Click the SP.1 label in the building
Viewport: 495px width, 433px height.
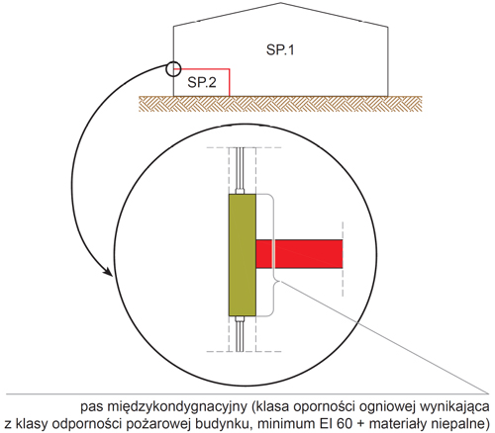pyautogui.click(x=280, y=49)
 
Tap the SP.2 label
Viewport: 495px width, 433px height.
pyautogui.click(x=202, y=82)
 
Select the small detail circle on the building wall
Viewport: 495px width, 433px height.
pyautogui.click(x=173, y=69)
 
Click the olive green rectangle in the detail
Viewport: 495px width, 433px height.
pyautogui.click(x=243, y=255)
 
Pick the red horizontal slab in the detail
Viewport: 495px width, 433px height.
pyautogui.click(x=299, y=254)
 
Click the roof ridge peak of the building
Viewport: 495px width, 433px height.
pyautogui.click(x=281, y=3)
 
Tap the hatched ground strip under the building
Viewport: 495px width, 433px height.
pyautogui.click(x=280, y=104)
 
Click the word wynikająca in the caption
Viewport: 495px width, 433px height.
pyautogui.click(x=454, y=407)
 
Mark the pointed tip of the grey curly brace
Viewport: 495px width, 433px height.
pyautogui.click(x=279, y=281)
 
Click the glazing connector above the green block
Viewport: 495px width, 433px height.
pyautogui.click(x=240, y=191)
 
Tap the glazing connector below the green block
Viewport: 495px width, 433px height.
pyautogui.click(x=240, y=319)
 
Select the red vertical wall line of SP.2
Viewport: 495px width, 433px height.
pyautogui.click(x=229, y=82)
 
